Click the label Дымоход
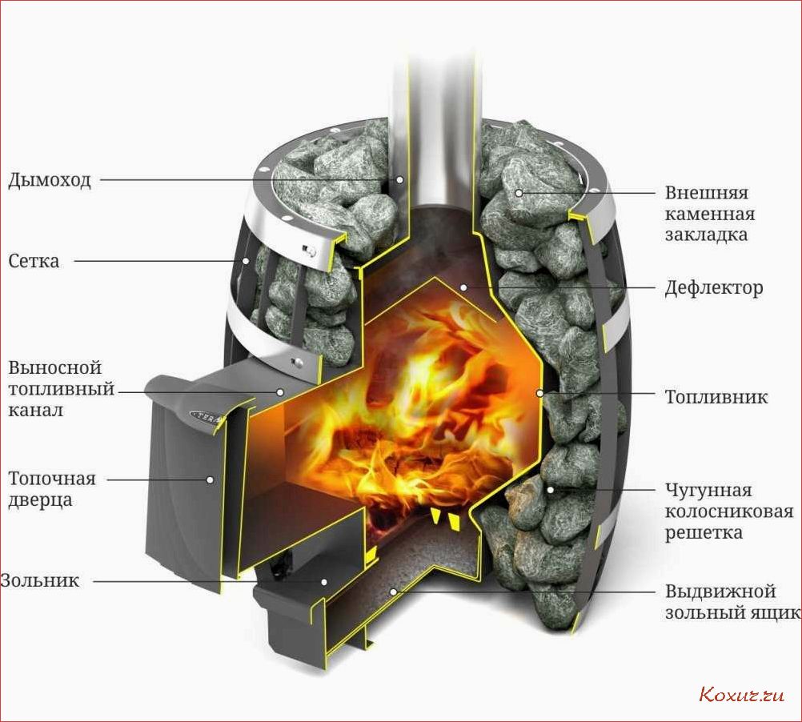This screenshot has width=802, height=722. [x=50, y=180]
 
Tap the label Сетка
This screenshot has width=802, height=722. [x=34, y=261]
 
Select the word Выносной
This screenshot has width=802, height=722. [x=55, y=367]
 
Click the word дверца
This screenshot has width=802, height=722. [x=40, y=500]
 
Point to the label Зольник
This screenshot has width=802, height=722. [x=40, y=581]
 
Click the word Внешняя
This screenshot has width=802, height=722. [x=707, y=193]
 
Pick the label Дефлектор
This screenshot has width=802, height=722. [x=714, y=288]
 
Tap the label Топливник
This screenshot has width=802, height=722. [x=716, y=397]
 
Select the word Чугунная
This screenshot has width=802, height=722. [x=708, y=491]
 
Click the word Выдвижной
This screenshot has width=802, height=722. [x=720, y=592]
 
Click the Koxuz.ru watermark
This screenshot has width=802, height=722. [x=741, y=695]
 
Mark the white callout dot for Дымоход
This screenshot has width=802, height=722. [x=400, y=179]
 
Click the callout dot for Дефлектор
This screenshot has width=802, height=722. [x=463, y=287]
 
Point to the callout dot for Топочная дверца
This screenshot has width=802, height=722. [x=210, y=479]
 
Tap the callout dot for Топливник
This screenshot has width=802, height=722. [x=539, y=393]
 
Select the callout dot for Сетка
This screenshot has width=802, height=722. [x=246, y=261]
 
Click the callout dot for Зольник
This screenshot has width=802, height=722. [x=324, y=581]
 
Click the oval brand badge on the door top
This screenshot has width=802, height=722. [x=209, y=415]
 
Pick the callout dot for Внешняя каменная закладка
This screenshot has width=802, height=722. [x=519, y=193]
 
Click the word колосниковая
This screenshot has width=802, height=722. [x=729, y=511]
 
